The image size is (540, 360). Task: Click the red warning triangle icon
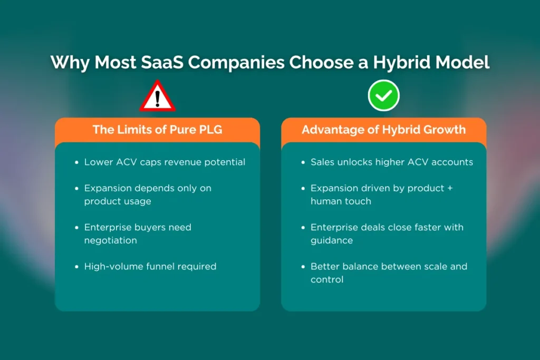click(158, 96)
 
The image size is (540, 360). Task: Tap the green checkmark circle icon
click(384, 95)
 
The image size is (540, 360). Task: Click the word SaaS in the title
click(162, 62)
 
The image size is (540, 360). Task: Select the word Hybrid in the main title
click(401, 63)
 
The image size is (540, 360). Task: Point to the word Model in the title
click(462, 62)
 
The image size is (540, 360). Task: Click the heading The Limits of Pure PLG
click(157, 130)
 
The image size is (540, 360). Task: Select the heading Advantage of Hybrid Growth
click(384, 130)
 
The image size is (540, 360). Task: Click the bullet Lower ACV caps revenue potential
click(165, 162)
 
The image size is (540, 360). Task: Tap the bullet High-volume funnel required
click(150, 266)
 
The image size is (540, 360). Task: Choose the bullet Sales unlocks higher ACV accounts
click(392, 162)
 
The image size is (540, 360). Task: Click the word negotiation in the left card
click(111, 240)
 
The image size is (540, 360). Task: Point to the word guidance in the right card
click(332, 240)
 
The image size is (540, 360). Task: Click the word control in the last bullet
click(327, 279)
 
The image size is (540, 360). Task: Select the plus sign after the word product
click(450, 188)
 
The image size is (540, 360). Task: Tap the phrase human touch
click(341, 201)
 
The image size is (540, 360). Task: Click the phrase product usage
click(118, 201)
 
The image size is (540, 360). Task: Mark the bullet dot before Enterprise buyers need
click(76, 228)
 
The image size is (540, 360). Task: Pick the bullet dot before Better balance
click(303, 267)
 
